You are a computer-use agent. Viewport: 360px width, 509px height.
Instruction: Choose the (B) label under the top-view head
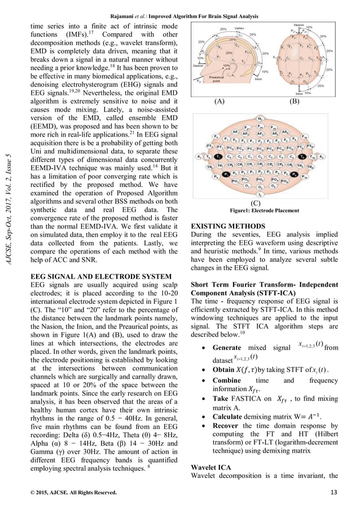point(295,103)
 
